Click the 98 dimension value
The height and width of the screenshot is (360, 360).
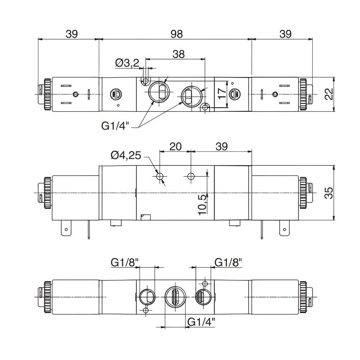coord(177,34)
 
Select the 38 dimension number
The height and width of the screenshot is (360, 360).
coord(178,54)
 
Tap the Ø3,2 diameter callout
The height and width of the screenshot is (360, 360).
coord(127,63)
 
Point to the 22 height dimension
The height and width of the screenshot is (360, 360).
coord(329,94)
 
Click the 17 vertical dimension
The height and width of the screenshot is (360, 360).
coord(222,94)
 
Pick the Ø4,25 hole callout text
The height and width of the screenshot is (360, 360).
coord(126,155)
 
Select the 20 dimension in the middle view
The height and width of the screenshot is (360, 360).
coord(175,147)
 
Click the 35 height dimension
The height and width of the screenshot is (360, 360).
coord(329,193)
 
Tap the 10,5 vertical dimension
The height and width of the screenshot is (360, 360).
coord(202,205)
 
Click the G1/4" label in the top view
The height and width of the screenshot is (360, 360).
coord(115,126)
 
